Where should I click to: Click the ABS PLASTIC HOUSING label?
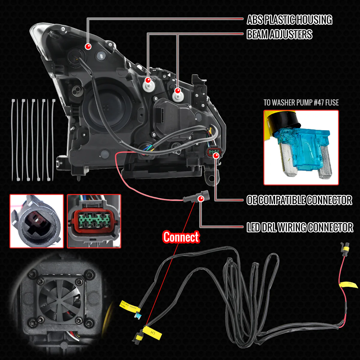pos(289,20)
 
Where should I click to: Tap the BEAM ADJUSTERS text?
pos(279,34)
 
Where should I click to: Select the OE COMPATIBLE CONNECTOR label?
pos(299,200)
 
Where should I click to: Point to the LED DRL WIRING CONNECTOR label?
pos(300,227)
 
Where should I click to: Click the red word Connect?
pos(181,237)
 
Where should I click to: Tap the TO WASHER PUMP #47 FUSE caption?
pos(301,103)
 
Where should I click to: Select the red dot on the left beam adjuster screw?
pos(148,80)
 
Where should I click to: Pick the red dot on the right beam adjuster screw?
pos(177,90)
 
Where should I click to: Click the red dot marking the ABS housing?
pos(88,46)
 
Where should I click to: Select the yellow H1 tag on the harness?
pos(152,333)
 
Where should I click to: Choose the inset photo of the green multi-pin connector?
pos(94,221)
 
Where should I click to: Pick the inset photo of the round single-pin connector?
pos(37,221)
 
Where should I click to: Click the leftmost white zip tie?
pos(13,139)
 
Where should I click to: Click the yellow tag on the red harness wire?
pos(349,283)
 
